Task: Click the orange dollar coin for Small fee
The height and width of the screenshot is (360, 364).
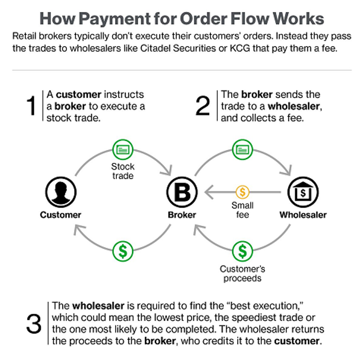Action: tap(243, 192)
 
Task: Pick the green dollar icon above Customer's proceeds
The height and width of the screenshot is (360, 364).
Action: tap(243, 250)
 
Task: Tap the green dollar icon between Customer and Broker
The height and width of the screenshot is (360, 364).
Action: tap(122, 250)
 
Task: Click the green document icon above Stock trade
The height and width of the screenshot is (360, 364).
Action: tap(122, 149)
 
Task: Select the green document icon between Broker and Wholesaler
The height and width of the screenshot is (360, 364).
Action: tap(243, 149)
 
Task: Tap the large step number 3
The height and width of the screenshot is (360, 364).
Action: tap(33, 324)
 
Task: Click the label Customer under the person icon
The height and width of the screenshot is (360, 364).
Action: tap(61, 215)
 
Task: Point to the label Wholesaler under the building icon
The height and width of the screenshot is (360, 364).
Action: tap(303, 215)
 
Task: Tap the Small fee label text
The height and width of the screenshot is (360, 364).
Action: tap(243, 210)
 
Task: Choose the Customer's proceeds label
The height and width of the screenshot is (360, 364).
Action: tap(243, 274)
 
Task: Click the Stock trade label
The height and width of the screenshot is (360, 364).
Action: tap(123, 171)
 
